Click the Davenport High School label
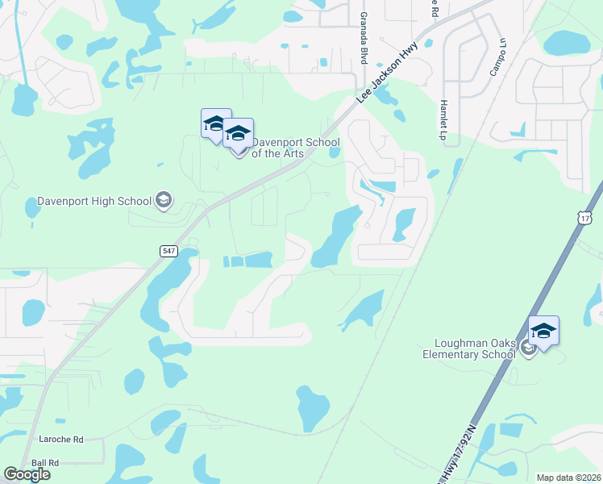click(x=94, y=201)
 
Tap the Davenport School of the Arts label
click(x=295, y=148)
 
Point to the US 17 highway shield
click(x=585, y=219)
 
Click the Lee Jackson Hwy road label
click(x=387, y=73)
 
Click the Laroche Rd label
click(x=61, y=440)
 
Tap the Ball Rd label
click(x=45, y=463)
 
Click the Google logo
click(x=27, y=474)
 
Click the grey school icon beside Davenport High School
click(x=164, y=199)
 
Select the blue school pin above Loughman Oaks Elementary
click(x=543, y=332)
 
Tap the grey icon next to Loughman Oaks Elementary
click(x=528, y=348)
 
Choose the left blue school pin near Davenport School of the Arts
click(x=215, y=124)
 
